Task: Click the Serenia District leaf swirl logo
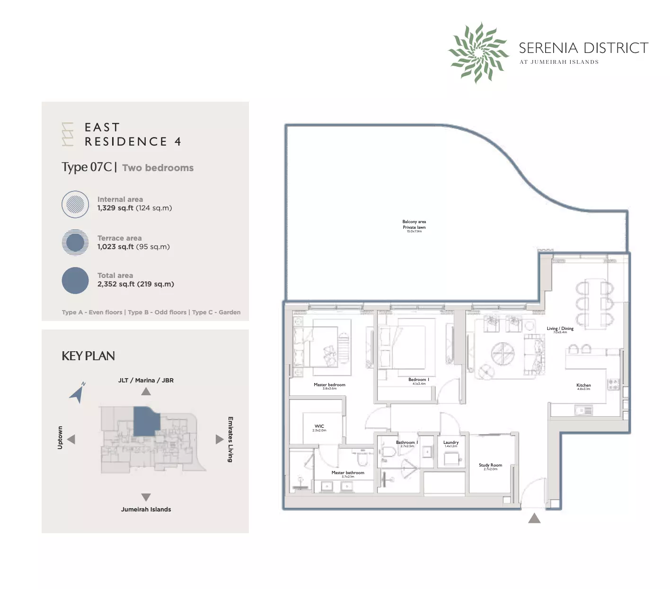pos(478,52)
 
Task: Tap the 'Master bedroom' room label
pos(329,385)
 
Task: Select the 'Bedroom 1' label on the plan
pos(419,380)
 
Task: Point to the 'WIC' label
pos(319,426)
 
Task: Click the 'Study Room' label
pos(490,466)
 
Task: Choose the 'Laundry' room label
pos(450,443)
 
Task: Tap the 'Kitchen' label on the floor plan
pos(583,386)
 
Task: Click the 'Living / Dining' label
pos(560,329)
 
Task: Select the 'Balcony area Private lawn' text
pos(414,225)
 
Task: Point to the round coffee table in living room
pos(502,354)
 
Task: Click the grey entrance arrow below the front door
pos(534,518)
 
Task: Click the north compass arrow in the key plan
pos(78,393)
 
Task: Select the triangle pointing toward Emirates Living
pos(219,439)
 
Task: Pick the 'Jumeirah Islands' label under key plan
pos(146,510)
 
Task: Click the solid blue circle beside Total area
pos(75,280)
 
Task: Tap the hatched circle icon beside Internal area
pos(75,204)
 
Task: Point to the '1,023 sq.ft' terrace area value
pos(115,247)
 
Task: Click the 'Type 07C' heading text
pos(87,167)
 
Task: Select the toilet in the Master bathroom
pos(362,459)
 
